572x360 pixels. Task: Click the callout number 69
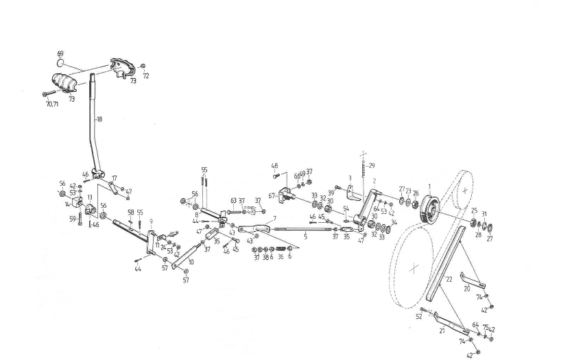coord(60,53)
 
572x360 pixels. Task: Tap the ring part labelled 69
coord(60,63)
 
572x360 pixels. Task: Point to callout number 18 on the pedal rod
coord(99,119)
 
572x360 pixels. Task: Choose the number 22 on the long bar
coord(449,279)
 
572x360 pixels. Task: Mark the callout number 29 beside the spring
coord(372,165)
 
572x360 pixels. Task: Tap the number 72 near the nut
coord(145,75)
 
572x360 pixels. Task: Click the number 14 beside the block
coord(68,204)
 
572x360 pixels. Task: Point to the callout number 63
coord(233,201)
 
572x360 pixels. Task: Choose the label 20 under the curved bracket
coord(467,289)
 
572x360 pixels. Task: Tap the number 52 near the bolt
coord(419,316)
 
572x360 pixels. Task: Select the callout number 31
coord(484,214)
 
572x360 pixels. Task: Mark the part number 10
coord(190,262)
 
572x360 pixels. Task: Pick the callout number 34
coord(393,222)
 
